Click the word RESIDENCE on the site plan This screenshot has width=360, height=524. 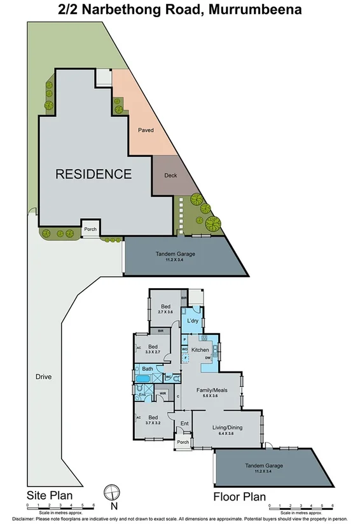click(93, 174)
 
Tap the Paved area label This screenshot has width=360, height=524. click(146, 130)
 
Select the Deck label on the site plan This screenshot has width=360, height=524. click(170, 176)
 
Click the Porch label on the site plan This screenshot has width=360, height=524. click(90, 229)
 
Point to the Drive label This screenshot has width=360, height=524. click(44, 376)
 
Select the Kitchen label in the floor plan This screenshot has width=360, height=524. click(201, 350)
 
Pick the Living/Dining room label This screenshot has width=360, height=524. click(228, 427)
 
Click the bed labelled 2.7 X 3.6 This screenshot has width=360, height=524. click(165, 308)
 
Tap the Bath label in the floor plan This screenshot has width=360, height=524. click(147, 369)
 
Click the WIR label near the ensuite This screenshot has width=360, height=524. click(163, 394)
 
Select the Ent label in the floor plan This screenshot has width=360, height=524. click(185, 424)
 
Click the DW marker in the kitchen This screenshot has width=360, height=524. click(208, 359)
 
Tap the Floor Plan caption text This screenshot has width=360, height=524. click(240, 497)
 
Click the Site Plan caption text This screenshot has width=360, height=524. click(49, 495)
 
